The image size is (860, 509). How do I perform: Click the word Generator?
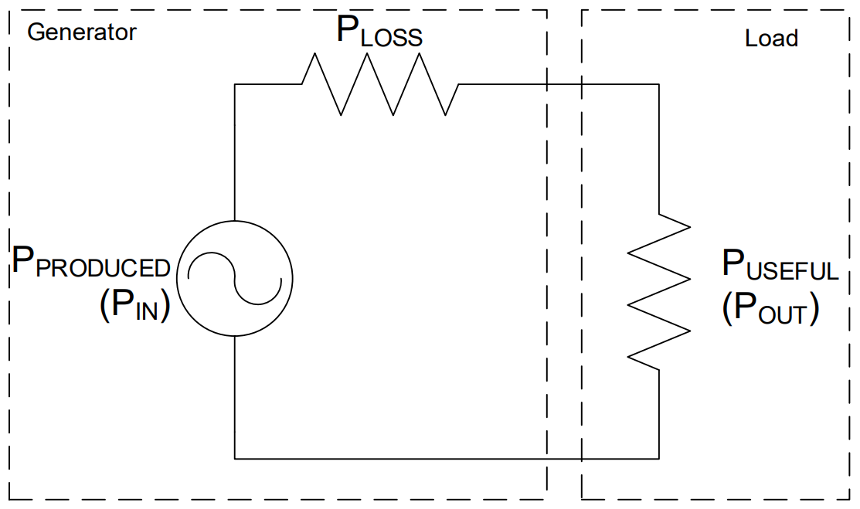82,32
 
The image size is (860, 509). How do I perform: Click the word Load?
771,38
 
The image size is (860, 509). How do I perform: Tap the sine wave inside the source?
234,277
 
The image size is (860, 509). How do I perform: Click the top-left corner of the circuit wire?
234,84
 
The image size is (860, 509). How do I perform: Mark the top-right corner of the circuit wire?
658,84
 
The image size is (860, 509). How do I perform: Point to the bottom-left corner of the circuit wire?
234,458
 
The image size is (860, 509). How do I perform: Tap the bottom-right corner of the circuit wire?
658,458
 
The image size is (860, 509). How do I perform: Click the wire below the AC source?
234,394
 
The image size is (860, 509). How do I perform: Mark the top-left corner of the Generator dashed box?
10,11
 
